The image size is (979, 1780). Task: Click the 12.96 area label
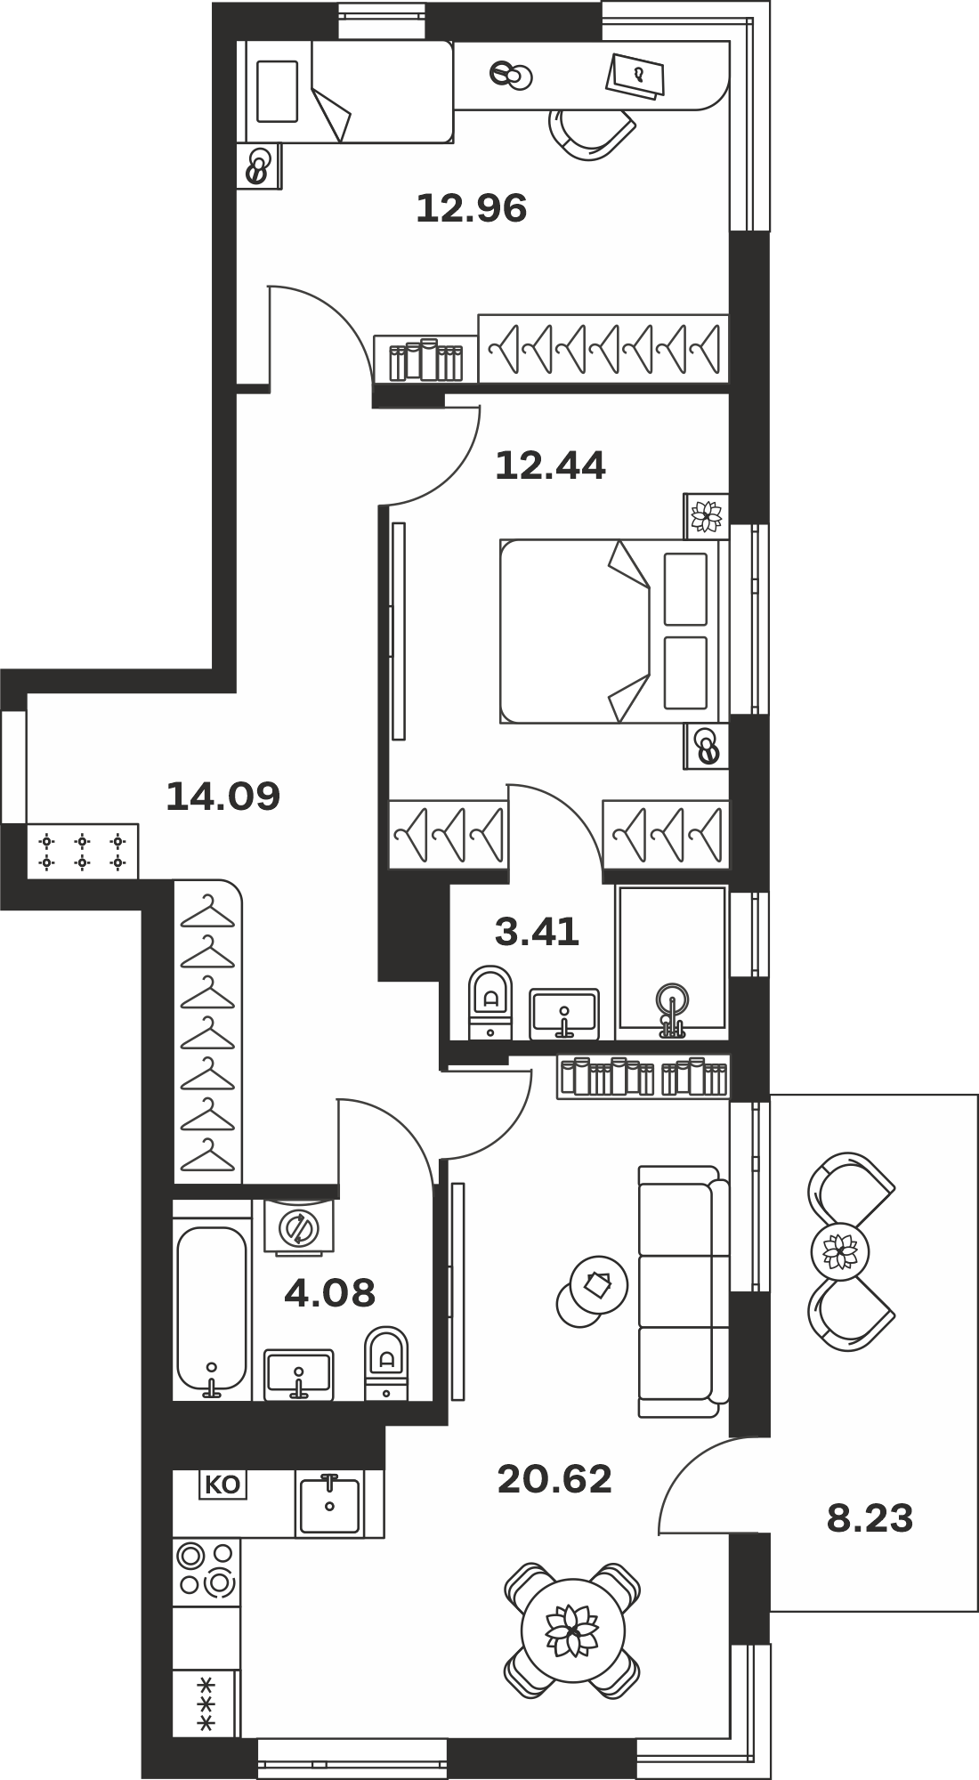tap(472, 208)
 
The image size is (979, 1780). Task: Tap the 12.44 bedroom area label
tap(550, 465)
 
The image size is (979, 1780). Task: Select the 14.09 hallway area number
tap(223, 796)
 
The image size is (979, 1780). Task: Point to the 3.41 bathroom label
tap(537, 932)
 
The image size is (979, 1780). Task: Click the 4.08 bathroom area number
tap(329, 1292)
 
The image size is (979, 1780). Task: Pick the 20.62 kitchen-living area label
tap(554, 1480)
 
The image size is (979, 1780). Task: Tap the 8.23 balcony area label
tap(870, 1519)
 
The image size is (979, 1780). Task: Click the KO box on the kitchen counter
tap(222, 1485)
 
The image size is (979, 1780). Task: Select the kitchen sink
tap(329, 1504)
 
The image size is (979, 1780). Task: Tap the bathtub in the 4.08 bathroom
tap(212, 1311)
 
